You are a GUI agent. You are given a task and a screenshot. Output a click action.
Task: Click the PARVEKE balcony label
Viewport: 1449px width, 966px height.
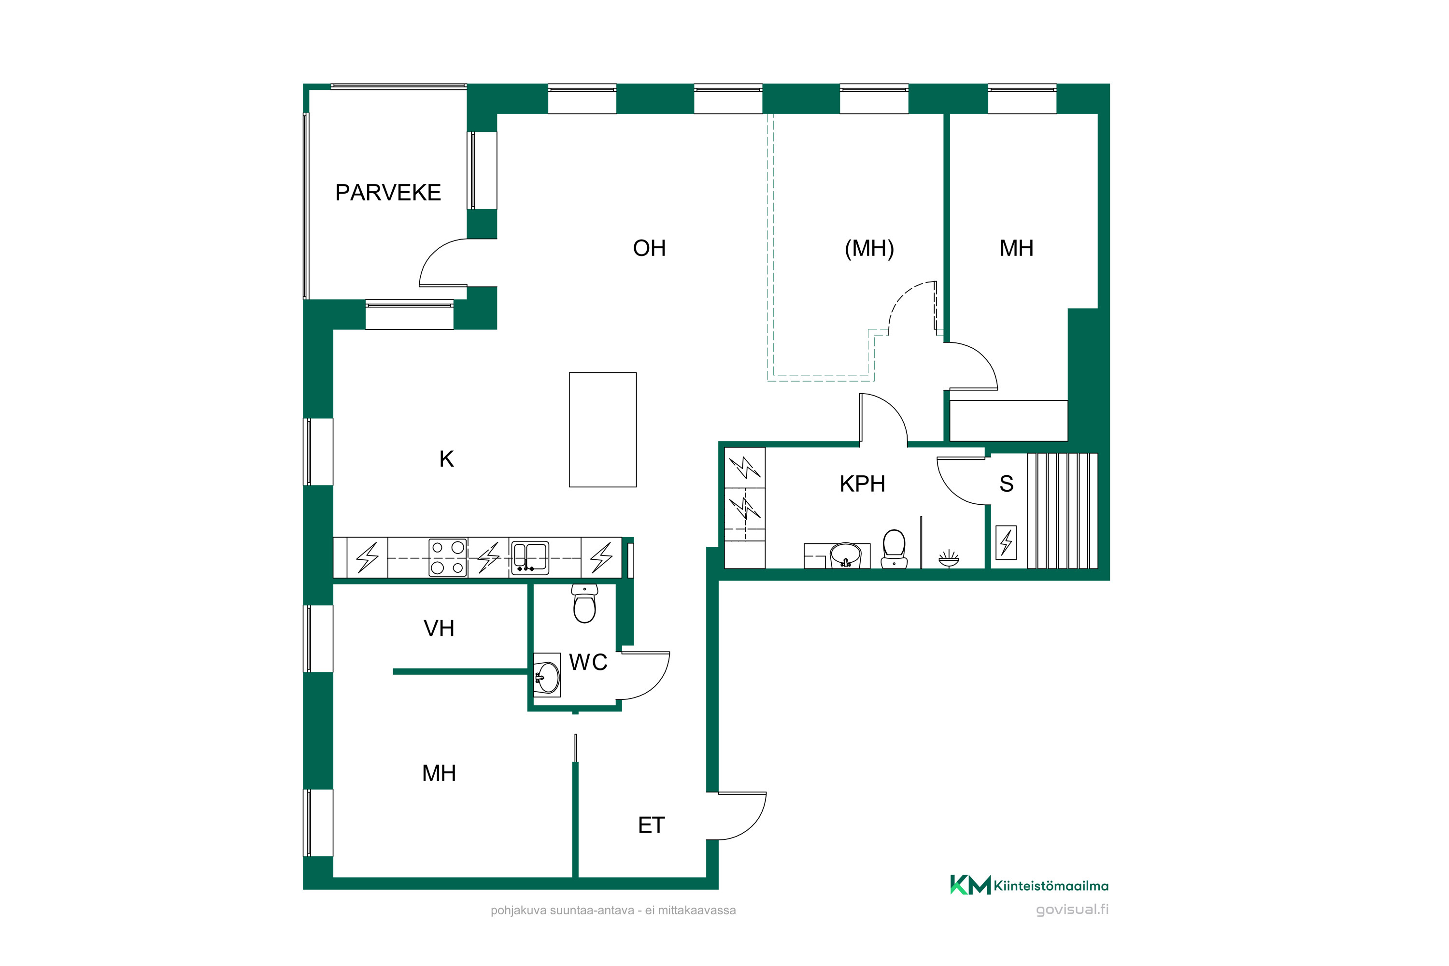point(388,193)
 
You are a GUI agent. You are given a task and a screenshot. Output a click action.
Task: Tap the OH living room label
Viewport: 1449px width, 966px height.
point(649,248)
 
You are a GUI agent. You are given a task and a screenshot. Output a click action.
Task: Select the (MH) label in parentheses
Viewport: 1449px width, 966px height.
point(869,248)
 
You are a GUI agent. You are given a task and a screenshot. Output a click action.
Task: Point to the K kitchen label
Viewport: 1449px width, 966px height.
point(447,459)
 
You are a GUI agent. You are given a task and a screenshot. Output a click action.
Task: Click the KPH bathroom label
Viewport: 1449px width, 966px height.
point(863,484)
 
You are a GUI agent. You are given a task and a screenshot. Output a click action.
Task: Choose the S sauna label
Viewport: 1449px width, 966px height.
point(1007,484)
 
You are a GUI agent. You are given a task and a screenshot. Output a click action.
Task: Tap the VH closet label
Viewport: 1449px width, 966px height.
point(439,628)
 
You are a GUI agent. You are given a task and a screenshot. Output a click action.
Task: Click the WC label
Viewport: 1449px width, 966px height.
point(588,662)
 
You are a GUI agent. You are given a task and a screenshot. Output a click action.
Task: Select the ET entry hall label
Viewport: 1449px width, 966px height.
point(651,825)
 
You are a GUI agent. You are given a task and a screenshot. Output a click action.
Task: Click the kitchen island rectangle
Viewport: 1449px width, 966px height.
point(602,429)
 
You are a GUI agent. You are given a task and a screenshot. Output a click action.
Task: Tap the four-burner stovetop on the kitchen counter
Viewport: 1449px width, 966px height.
point(448,557)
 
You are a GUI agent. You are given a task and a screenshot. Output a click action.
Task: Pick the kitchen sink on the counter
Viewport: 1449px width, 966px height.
point(530,557)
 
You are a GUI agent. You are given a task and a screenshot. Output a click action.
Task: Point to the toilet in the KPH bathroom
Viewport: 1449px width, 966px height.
point(894,549)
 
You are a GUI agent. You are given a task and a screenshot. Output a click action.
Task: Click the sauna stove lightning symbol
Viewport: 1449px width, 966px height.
point(1006,542)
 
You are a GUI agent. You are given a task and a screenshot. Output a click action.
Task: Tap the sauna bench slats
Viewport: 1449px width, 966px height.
point(1063,511)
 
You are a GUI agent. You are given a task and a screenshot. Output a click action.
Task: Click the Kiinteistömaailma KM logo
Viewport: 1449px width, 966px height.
point(1029,885)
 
